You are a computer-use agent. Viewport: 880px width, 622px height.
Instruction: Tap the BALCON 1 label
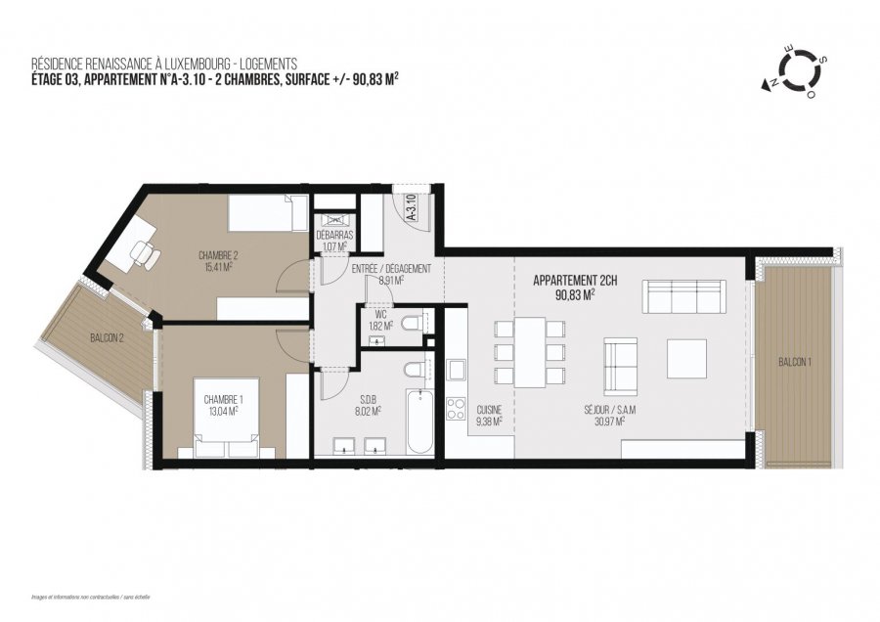[x=793, y=362]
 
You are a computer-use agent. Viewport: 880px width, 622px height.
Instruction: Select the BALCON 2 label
[x=108, y=339]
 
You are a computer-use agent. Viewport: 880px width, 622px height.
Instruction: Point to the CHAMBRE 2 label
[x=218, y=255]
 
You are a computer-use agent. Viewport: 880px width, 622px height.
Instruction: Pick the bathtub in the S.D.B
[x=419, y=421]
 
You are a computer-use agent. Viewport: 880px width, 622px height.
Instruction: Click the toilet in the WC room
[x=412, y=323]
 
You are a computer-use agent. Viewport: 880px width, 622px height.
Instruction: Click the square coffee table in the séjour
[x=686, y=359]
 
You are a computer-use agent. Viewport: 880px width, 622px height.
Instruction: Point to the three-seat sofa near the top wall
[x=682, y=292]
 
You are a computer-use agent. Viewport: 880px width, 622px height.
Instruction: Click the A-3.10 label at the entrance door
[x=411, y=209]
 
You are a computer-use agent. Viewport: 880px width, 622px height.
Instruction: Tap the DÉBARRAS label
[x=333, y=237]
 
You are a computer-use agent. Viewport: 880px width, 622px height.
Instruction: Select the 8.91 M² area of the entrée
[x=391, y=279]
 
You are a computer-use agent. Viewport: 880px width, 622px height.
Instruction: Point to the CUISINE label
[x=488, y=411]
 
